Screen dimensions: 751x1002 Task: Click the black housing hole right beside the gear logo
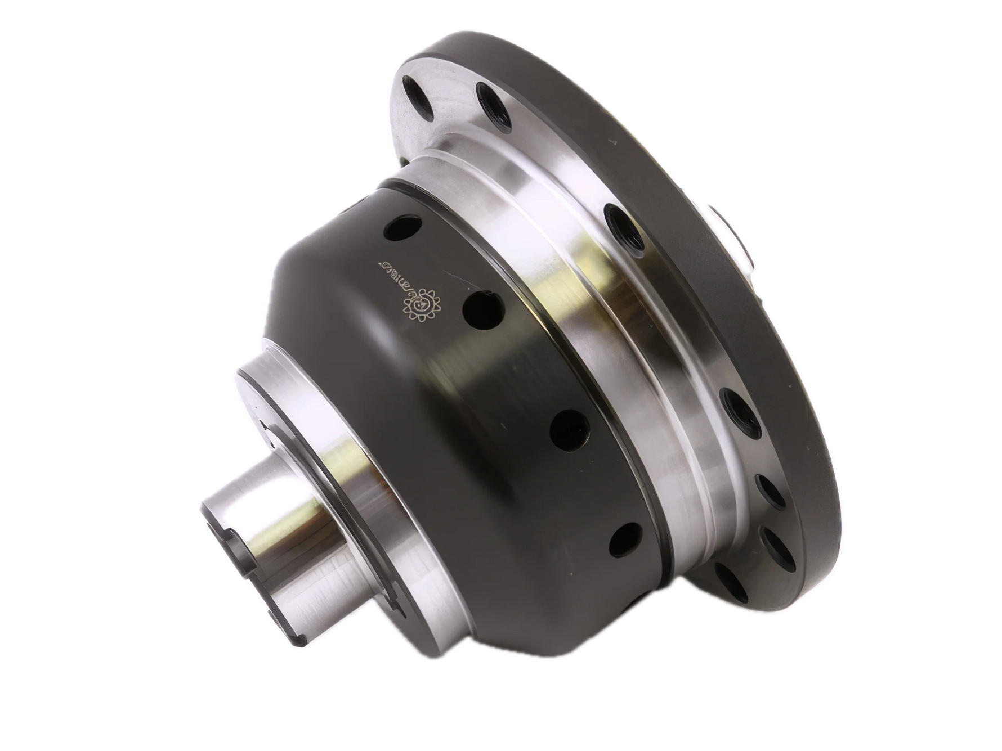click(480, 309)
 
